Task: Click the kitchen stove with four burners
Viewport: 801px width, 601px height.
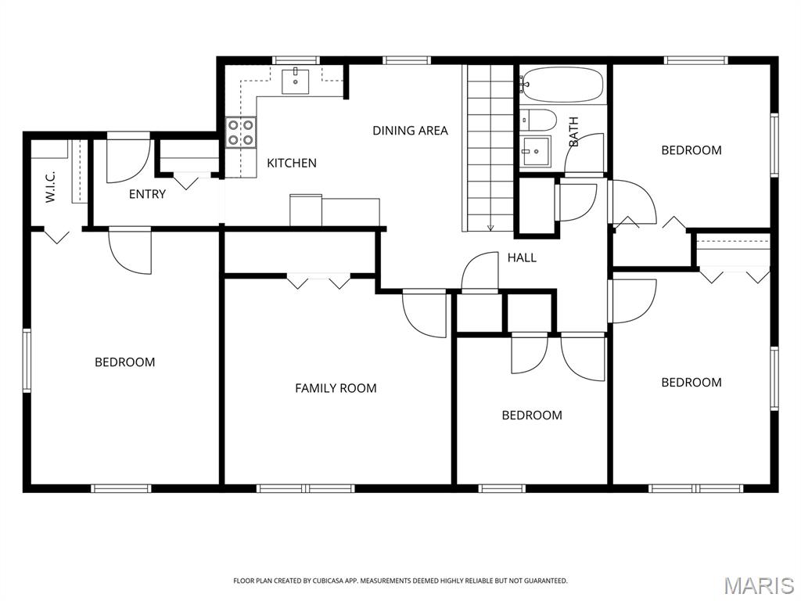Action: (241, 132)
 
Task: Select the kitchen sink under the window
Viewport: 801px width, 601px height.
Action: (296, 80)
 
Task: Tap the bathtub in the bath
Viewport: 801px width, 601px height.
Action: (563, 85)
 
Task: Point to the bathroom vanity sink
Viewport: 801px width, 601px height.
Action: (537, 150)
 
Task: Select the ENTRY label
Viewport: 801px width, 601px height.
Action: (147, 194)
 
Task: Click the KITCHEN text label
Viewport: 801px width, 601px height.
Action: (292, 163)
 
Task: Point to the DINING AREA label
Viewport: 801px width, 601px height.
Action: (410, 131)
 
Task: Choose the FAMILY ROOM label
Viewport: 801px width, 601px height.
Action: (336, 387)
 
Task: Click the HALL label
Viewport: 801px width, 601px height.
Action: (522, 257)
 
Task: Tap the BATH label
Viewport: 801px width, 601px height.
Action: (574, 132)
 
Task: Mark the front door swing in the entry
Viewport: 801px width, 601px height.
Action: (127, 160)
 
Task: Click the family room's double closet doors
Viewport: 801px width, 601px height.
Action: (318, 280)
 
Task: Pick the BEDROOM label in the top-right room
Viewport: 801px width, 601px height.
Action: (691, 150)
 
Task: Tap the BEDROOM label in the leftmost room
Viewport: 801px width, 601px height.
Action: (125, 362)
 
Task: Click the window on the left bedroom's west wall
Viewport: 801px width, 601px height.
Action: (26, 360)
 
